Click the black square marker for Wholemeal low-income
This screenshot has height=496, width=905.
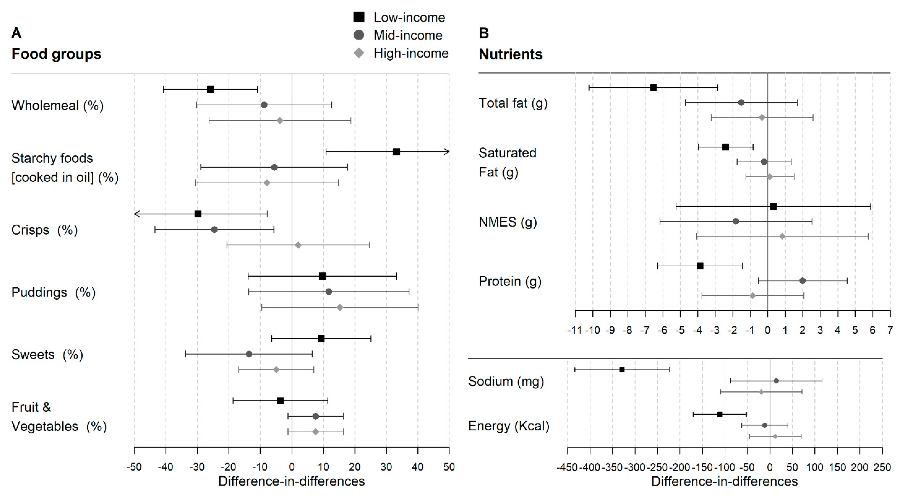pyautogui.click(x=210, y=89)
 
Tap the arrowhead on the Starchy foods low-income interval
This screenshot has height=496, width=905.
pyautogui.click(x=447, y=152)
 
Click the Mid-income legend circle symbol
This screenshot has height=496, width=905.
pyautogui.click(x=359, y=35)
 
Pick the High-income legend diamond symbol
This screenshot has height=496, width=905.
pyautogui.click(x=359, y=53)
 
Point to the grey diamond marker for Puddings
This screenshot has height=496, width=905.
pyautogui.click(x=340, y=307)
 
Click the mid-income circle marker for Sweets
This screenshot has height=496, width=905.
pyautogui.click(x=249, y=354)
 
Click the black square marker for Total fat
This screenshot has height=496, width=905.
pyautogui.click(x=653, y=88)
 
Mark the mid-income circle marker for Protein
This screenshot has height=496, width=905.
pyautogui.click(x=802, y=281)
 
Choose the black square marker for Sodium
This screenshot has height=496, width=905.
pyautogui.click(x=622, y=369)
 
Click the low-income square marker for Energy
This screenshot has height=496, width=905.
pyautogui.click(x=719, y=414)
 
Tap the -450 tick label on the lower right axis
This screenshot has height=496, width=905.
pyautogui.click(x=567, y=468)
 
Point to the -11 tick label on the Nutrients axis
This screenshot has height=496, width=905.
pyautogui.click(x=574, y=330)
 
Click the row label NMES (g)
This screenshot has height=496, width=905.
pyautogui.click(x=508, y=222)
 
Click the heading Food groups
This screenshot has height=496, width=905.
pyautogui.click(x=56, y=54)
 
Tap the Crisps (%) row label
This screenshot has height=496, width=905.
pyautogui.click(x=44, y=230)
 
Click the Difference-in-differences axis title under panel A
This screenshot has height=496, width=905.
pyautogui.click(x=292, y=481)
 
